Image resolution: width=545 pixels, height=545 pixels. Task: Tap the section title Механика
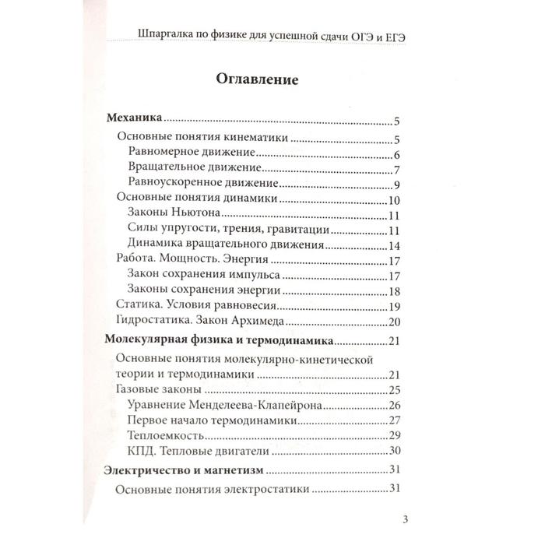[x=132, y=121]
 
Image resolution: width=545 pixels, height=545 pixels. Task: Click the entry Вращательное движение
[x=184, y=169]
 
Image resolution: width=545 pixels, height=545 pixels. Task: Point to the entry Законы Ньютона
[x=167, y=216]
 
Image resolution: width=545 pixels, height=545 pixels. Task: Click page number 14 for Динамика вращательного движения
[x=393, y=245]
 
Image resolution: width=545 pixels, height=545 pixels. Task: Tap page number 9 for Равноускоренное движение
[x=396, y=185]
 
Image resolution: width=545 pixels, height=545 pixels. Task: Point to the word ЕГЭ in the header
[x=399, y=36]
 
